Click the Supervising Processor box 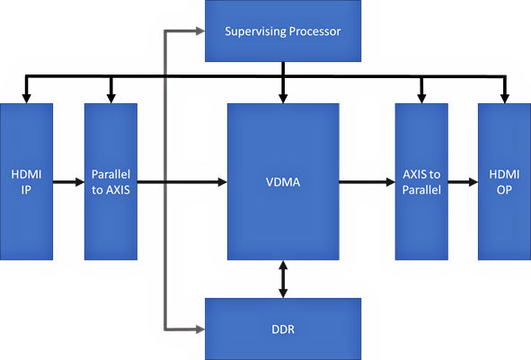click(283, 31)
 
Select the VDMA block click(283, 181)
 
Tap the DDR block click(283, 329)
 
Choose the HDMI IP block click(26, 181)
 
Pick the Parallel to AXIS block click(111, 181)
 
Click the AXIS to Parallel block click(421, 181)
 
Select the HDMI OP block click(505, 181)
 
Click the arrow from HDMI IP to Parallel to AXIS click(69, 182)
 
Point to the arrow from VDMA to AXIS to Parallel click(367, 182)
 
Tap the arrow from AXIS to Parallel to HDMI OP click(463, 182)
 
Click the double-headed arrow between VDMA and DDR click(283, 279)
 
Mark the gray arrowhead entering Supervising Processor click(201, 31)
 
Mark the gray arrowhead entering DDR click(201, 329)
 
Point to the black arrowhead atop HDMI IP click(26, 99)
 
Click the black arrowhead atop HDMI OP click(505, 99)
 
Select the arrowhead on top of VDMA click(283, 99)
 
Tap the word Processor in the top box click(315, 31)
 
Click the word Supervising click(256, 31)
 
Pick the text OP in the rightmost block click(504, 189)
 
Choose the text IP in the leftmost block click(26, 189)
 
